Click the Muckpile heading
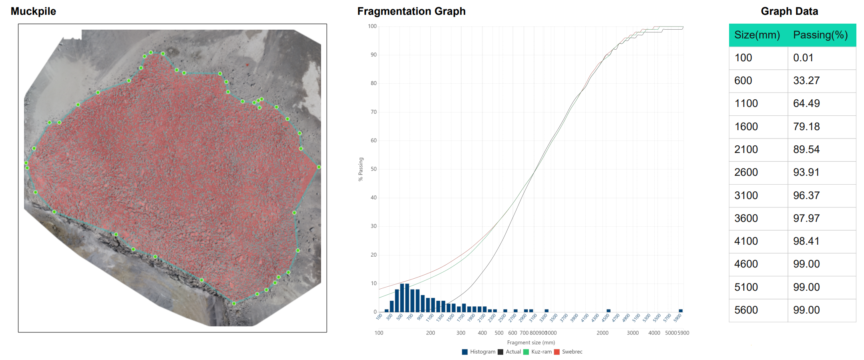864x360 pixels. (33, 11)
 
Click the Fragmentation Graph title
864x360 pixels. (411, 11)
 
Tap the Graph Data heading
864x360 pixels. (789, 11)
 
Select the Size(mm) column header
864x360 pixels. (757, 35)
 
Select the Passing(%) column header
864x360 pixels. (820, 35)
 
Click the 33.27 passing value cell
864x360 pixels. (806, 80)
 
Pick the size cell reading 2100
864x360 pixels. (746, 149)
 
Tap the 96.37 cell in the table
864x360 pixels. (806, 195)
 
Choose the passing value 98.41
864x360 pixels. (806, 241)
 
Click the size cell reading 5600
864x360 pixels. (746, 310)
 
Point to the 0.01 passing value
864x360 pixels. (803, 58)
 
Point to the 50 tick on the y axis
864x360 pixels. (374, 169)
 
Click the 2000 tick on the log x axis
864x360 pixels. (603, 333)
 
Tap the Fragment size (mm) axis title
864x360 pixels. (531, 342)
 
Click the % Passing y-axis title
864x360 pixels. (361, 169)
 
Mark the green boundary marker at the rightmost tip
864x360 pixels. (319, 167)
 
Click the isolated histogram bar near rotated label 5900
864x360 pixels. (681, 310)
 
